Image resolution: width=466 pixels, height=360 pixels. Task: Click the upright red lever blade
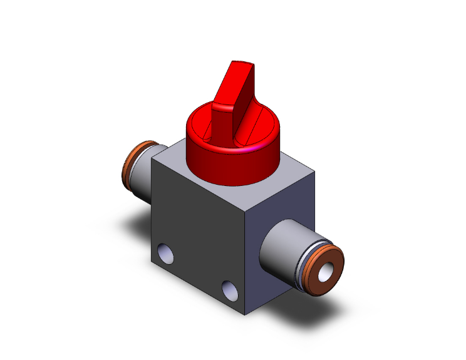click(233, 106)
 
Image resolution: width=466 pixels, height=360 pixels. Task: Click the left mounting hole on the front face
click(166, 253)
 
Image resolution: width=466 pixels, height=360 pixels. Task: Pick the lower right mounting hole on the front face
click(230, 289)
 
